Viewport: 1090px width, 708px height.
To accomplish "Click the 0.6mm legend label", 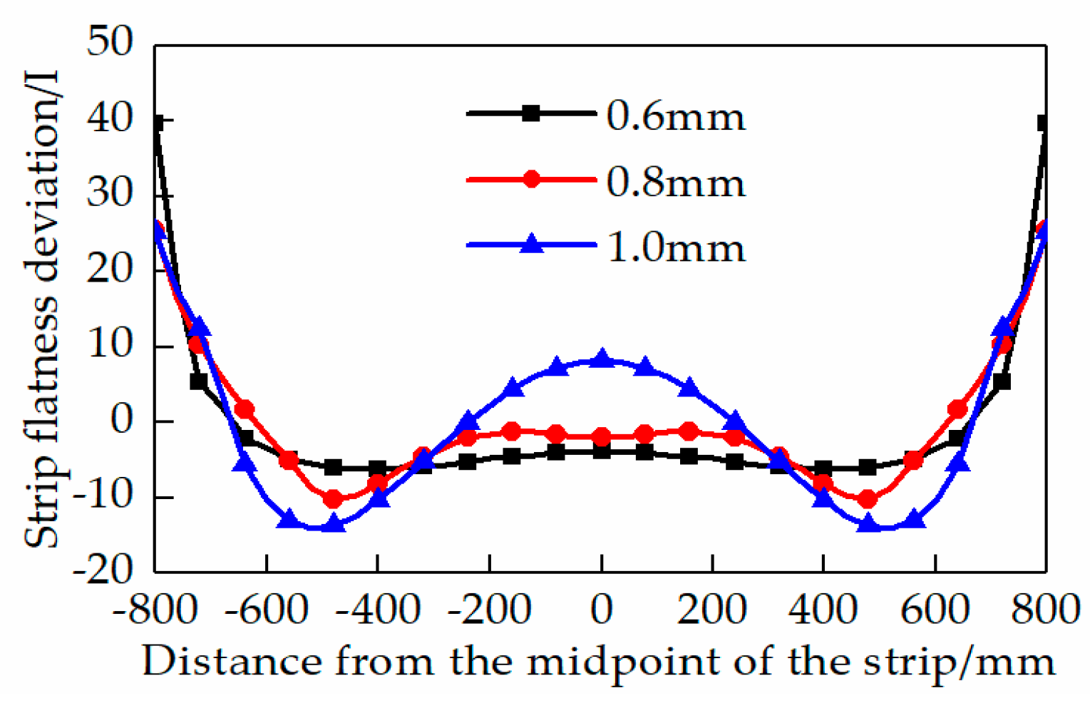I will [675, 116].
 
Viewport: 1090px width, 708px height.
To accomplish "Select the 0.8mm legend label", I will [675, 183].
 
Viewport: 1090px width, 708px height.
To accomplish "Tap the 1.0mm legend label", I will [675, 248].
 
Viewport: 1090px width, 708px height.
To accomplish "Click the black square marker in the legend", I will [531, 113].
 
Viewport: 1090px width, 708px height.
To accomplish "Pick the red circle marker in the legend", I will [531, 179].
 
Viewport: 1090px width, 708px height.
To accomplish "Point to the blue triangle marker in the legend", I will [531, 244].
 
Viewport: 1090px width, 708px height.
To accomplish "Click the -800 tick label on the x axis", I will [155, 610].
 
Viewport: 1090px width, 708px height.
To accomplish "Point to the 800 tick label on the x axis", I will [1046, 610].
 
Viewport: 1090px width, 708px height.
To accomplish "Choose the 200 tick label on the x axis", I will [712, 610].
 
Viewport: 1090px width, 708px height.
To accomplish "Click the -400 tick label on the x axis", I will [378, 610].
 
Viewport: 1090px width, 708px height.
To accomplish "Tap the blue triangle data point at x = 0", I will [602, 359].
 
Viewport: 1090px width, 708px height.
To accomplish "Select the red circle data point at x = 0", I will [602, 436].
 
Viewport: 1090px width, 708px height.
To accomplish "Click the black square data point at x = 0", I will [602, 451].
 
